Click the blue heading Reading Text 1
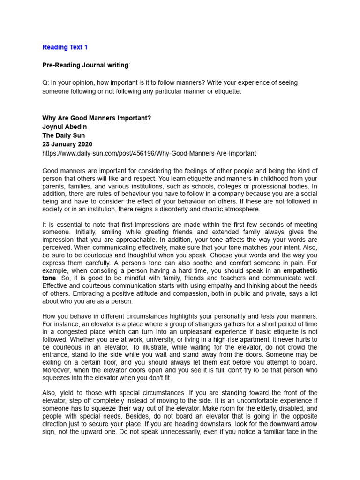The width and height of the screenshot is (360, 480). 65,47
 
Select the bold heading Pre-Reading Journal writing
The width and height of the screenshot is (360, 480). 85,65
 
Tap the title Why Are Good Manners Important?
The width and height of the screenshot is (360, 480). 97,118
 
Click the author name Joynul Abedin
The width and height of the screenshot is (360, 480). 65,127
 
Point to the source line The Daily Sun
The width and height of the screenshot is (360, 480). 64,135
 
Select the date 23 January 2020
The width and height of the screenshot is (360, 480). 67,144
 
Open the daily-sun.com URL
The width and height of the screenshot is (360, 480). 149,153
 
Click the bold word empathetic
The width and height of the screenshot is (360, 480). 303,271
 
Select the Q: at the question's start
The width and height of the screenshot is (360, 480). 46,83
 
